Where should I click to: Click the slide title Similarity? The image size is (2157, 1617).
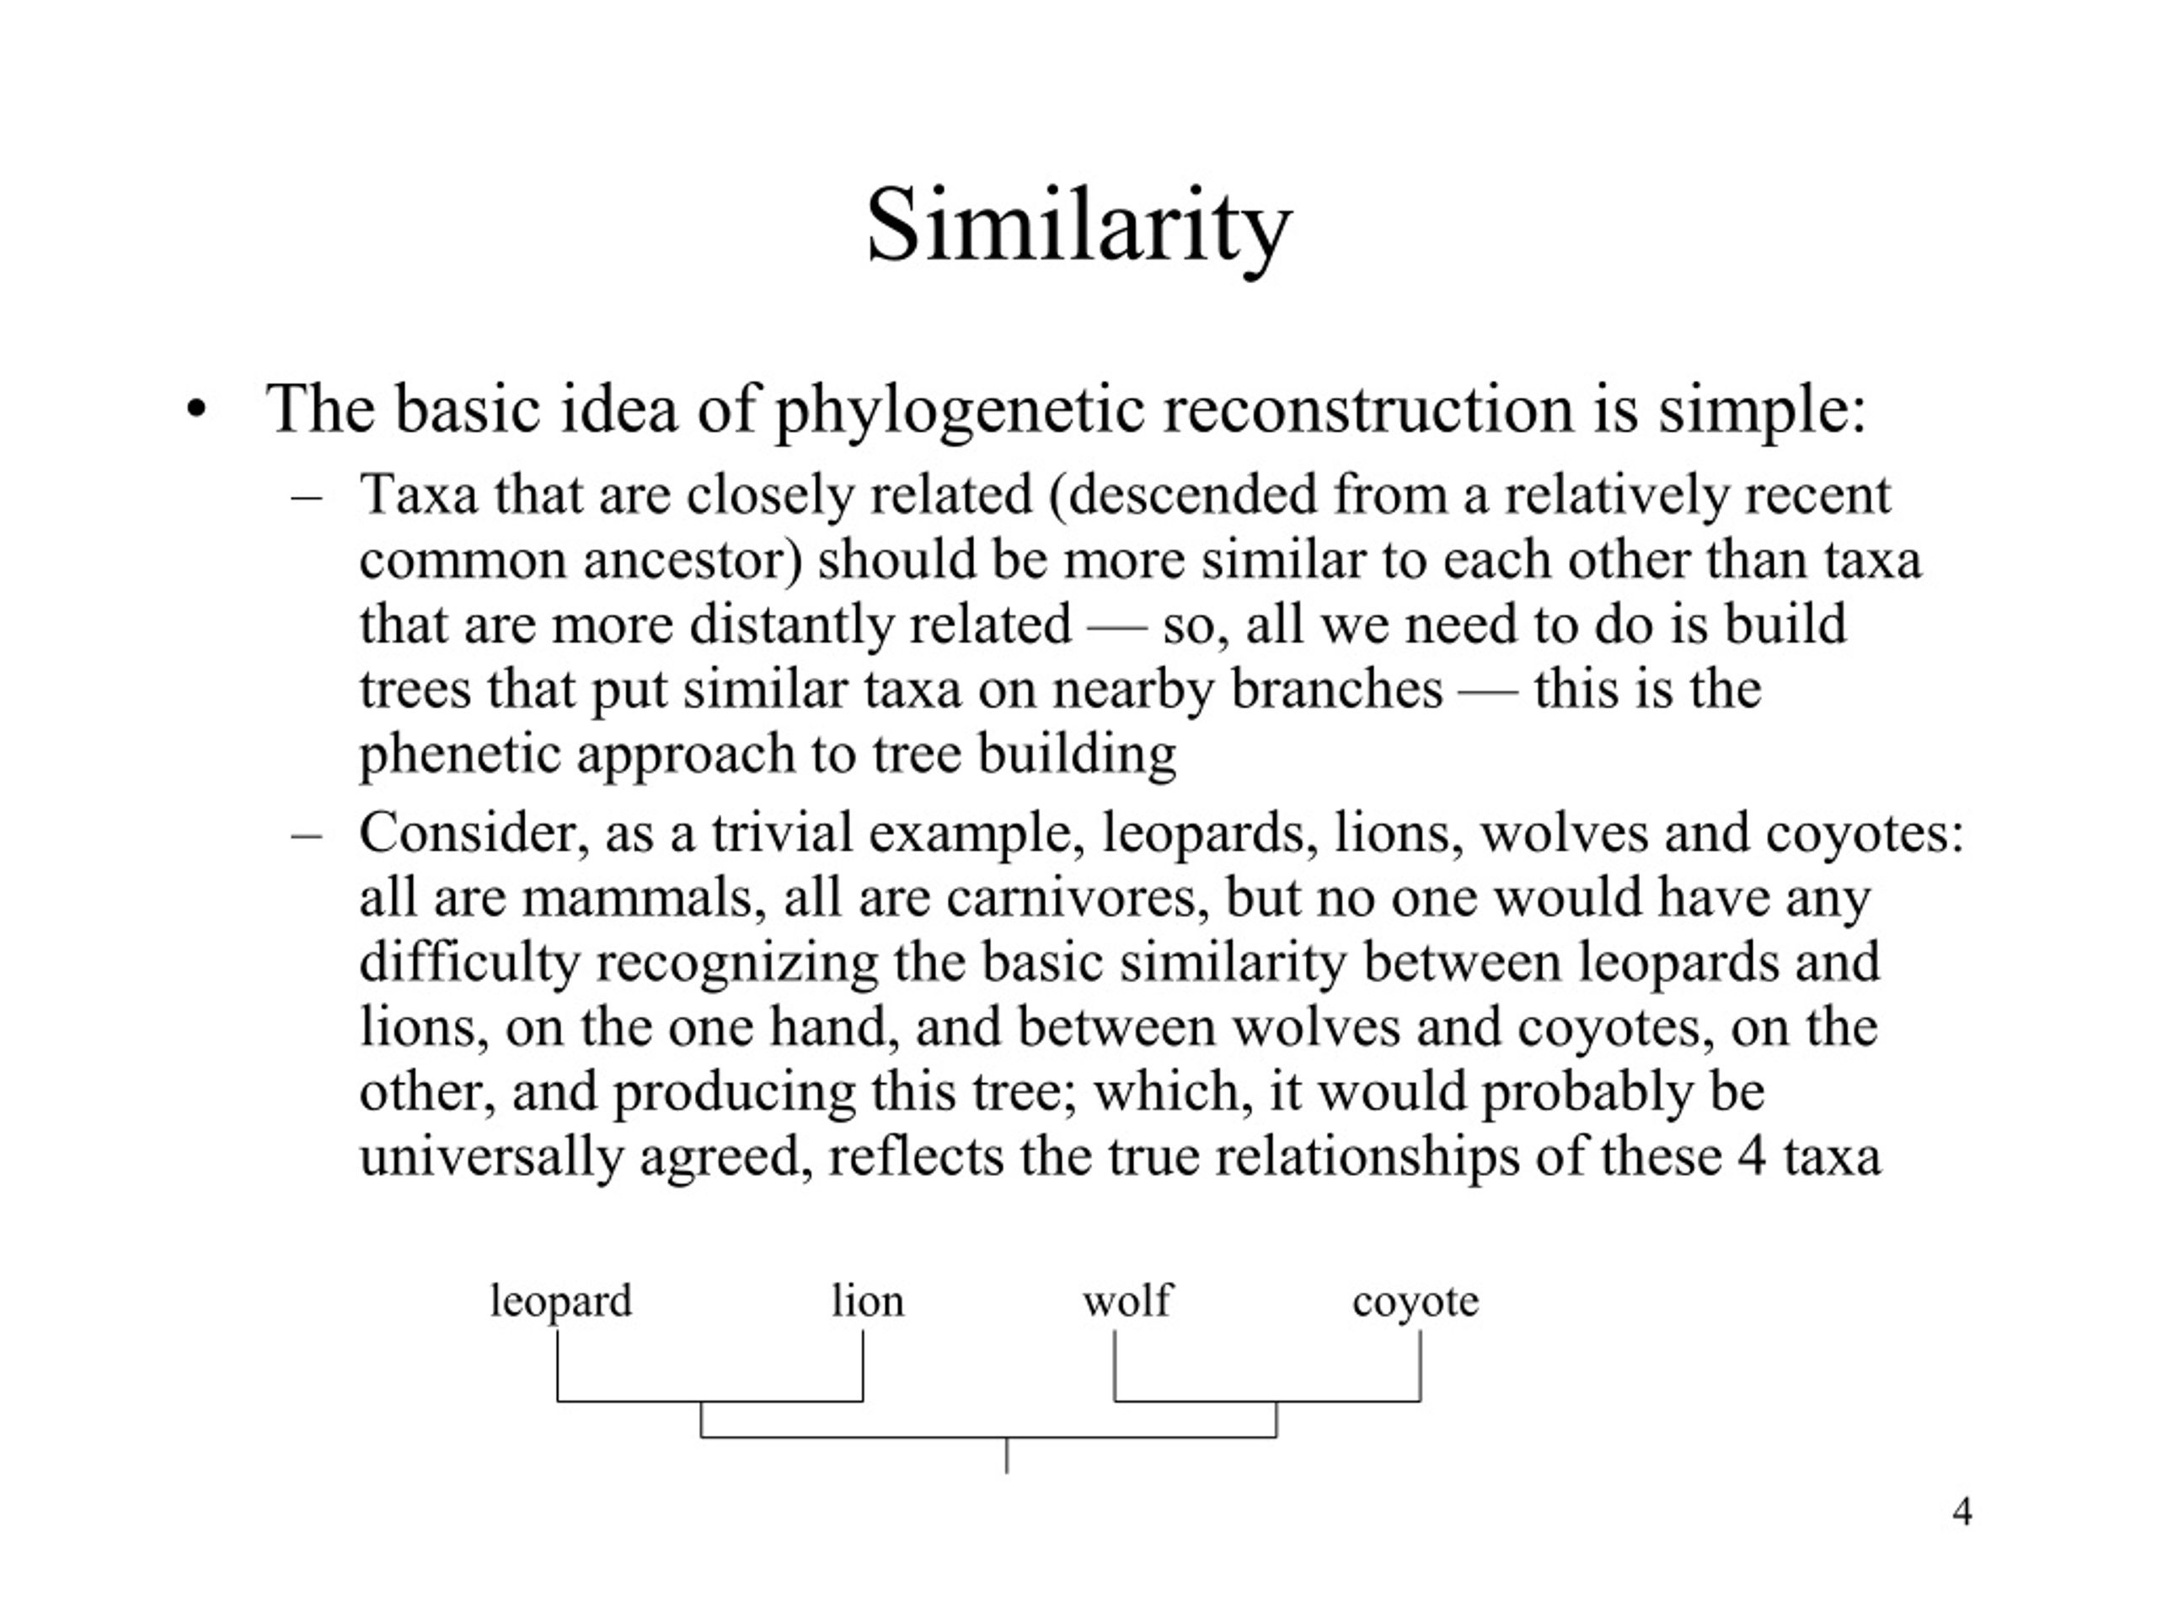(x=1078, y=228)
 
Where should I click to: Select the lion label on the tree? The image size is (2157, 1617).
(x=868, y=1300)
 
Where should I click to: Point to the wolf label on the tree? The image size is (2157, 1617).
(x=1127, y=1300)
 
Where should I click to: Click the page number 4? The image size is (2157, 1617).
(x=1963, y=1511)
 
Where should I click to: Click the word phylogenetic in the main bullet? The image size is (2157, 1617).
(x=960, y=410)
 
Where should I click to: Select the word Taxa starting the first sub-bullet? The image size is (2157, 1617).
(x=420, y=494)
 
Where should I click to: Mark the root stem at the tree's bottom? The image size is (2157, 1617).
(x=1006, y=1454)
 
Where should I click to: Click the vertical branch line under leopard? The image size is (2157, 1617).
(x=558, y=1365)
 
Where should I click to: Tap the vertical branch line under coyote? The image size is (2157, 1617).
(x=1420, y=1365)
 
